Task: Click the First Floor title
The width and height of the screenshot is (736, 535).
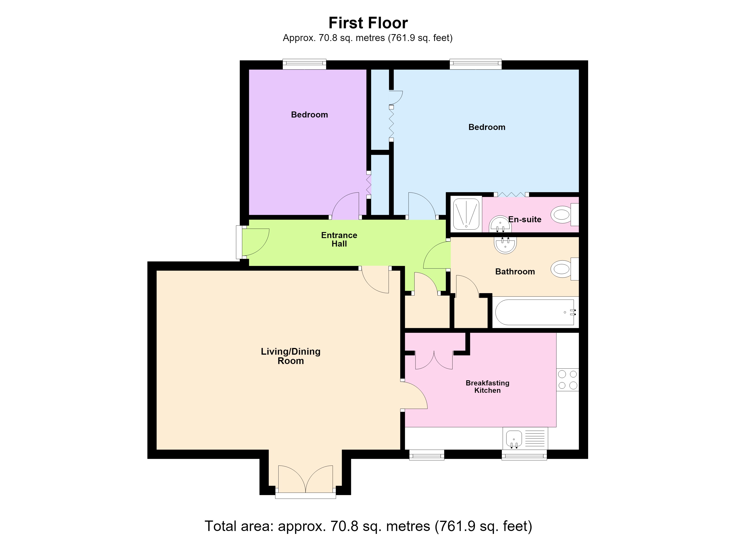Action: click(368, 23)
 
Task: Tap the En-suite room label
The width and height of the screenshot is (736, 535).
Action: click(525, 219)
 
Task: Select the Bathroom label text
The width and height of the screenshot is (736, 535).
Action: click(515, 272)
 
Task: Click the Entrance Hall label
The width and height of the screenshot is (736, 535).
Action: click(339, 239)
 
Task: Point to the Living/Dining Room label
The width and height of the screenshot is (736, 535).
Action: click(291, 356)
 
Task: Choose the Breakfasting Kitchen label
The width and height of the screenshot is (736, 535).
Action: click(487, 386)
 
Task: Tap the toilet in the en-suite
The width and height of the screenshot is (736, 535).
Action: click(565, 214)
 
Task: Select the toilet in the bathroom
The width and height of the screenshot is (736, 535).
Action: click(565, 269)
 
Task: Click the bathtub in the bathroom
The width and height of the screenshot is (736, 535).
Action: click(535, 312)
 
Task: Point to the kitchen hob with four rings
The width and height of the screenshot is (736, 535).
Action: click(568, 380)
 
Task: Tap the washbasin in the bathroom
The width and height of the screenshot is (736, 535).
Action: click(505, 245)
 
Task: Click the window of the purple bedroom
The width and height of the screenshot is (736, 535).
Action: click(304, 64)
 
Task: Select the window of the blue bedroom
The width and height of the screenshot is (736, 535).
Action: click(476, 64)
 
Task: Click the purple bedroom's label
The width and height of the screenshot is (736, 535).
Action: click(309, 115)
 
